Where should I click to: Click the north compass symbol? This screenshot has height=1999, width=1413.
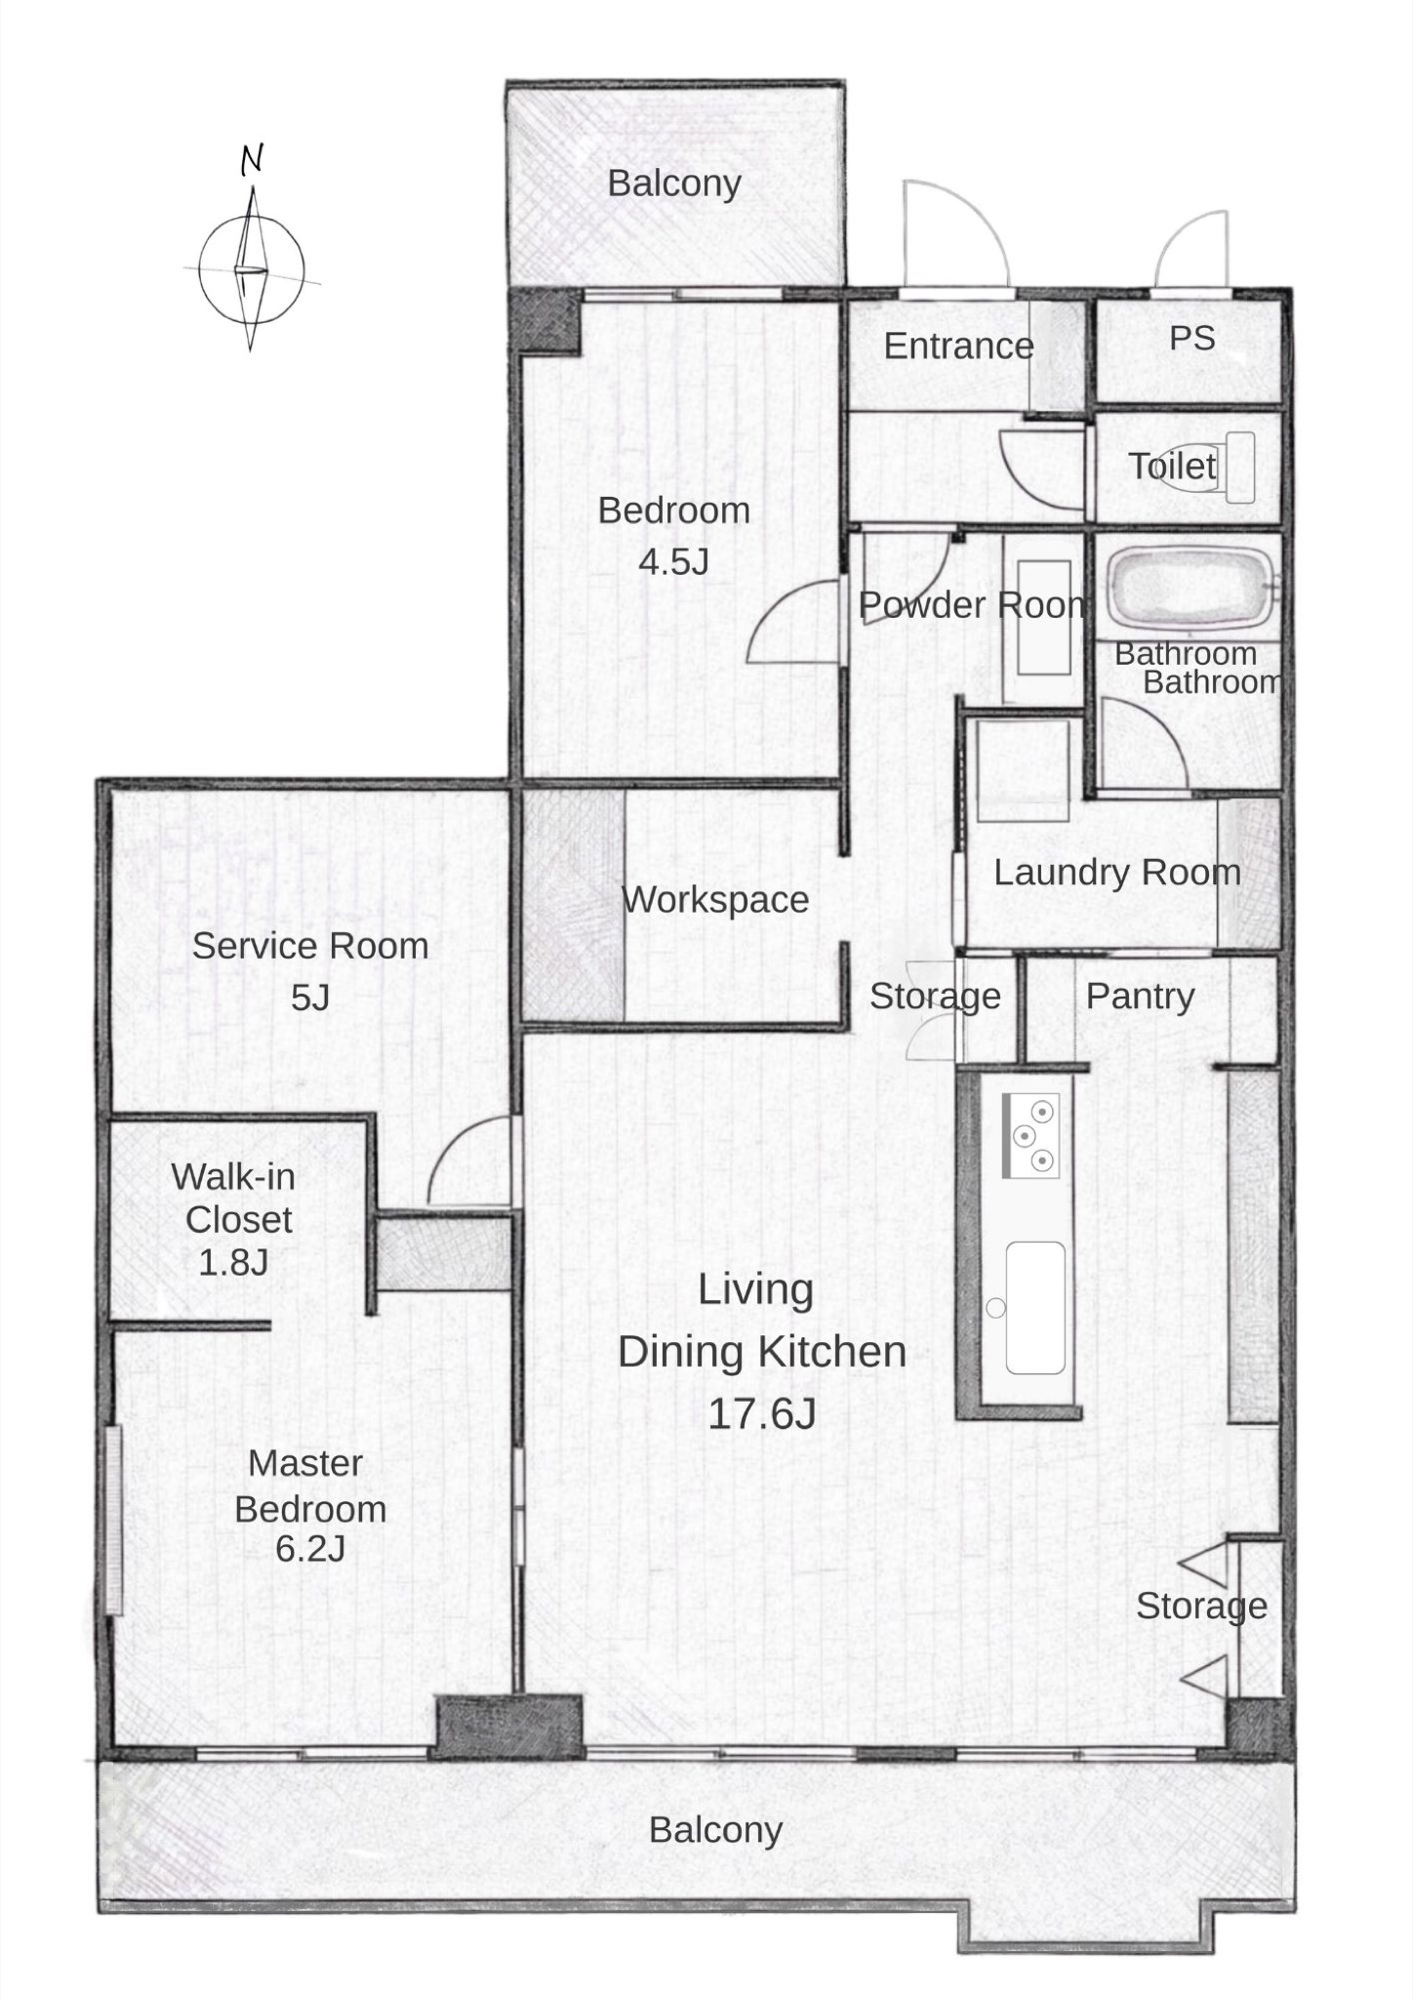[x=252, y=268]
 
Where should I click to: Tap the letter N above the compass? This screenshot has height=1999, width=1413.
[x=252, y=159]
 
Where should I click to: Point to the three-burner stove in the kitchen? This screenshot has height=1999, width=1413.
[x=1030, y=1135]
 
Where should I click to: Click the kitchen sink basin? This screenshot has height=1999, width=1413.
[x=1034, y=1307]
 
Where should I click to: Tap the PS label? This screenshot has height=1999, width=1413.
[x=1191, y=339]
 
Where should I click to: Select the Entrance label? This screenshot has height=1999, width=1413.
[x=958, y=347]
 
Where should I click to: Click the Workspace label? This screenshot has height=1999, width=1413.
[x=715, y=900]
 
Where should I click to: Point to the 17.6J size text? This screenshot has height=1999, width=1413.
[x=761, y=1414]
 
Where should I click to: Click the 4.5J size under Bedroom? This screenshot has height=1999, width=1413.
[x=673, y=562]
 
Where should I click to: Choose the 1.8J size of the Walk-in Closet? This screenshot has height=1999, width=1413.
[x=233, y=1263]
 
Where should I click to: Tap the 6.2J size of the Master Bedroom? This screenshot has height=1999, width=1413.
[x=310, y=1549]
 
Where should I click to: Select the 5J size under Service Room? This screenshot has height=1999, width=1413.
[x=310, y=999]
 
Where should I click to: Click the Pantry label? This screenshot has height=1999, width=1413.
[x=1141, y=997]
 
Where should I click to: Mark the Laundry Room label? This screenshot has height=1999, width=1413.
[x=1117, y=873]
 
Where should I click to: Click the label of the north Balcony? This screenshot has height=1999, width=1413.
[x=674, y=184]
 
